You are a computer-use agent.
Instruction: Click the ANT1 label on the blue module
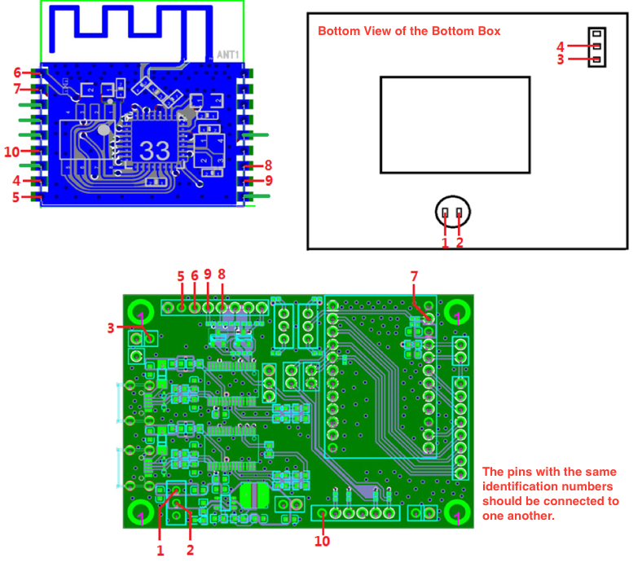[x=228, y=55]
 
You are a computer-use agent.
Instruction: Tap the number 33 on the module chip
[x=155, y=150]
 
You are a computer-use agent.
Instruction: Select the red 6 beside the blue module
[x=17, y=73]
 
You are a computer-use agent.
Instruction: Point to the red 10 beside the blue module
[x=11, y=152]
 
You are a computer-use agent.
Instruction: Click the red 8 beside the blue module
[x=268, y=165]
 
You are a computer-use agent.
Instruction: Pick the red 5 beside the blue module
[x=16, y=196]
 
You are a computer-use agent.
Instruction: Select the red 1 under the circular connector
[x=445, y=242]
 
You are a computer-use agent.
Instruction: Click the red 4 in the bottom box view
[x=561, y=46]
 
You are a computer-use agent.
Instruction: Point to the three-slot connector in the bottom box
[x=597, y=47]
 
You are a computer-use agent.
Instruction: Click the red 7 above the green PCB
[x=414, y=277]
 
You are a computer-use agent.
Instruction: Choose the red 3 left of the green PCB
[x=111, y=328]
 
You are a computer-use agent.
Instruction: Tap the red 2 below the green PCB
[x=191, y=550]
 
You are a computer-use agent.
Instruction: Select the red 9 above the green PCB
[x=208, y=275]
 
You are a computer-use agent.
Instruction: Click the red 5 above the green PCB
[x=181, y=276]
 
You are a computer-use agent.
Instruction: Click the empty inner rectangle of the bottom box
[x=455, y=125]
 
